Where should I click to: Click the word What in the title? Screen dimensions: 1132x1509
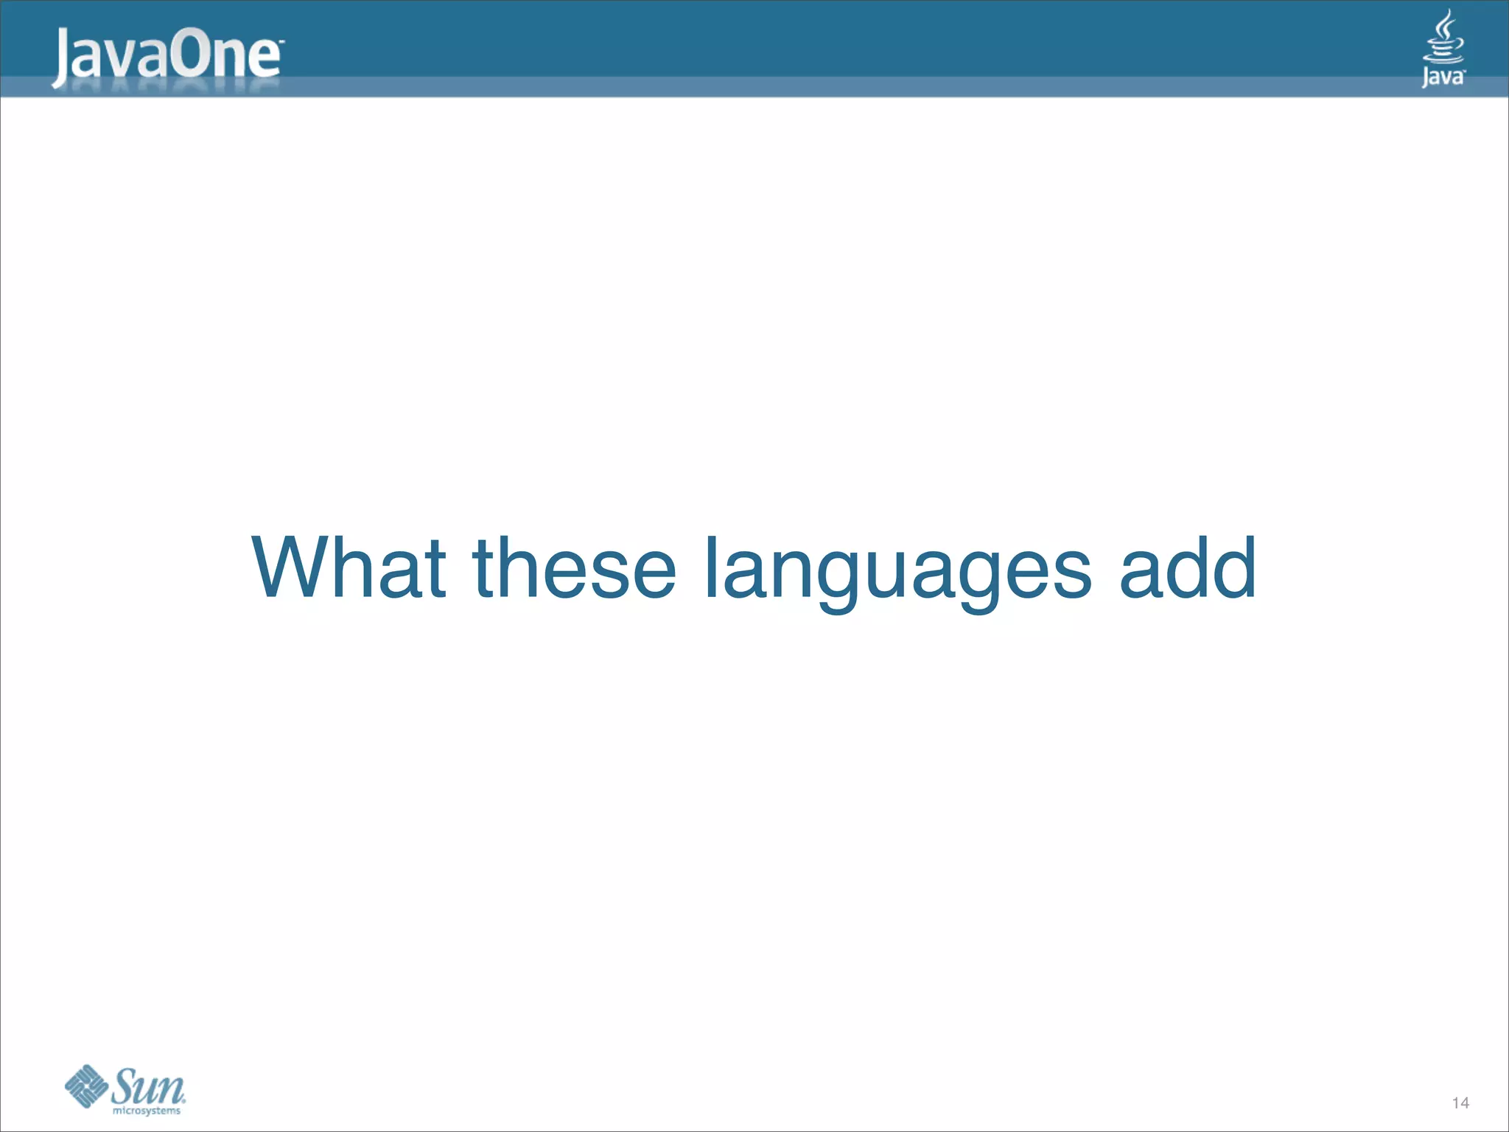click(x=349, y=567)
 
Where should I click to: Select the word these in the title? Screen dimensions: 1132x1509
click(x=574, y=567)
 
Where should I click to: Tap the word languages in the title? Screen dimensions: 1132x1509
click(x=897, y=571)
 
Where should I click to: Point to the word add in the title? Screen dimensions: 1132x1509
click(x=1188, y=567)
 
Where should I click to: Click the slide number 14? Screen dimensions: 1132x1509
click(x=1460, y=1103)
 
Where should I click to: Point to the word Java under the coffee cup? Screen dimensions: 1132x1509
click(x=1443, y=77)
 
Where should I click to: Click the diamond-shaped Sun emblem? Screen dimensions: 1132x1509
click(x=86, y=1086)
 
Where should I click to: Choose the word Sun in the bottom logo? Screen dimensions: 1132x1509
click(x=148, y=1085)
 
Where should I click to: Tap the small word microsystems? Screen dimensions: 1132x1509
click(x=147, y=1111)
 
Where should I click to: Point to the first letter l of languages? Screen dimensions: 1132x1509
click(x=711, y=567)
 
